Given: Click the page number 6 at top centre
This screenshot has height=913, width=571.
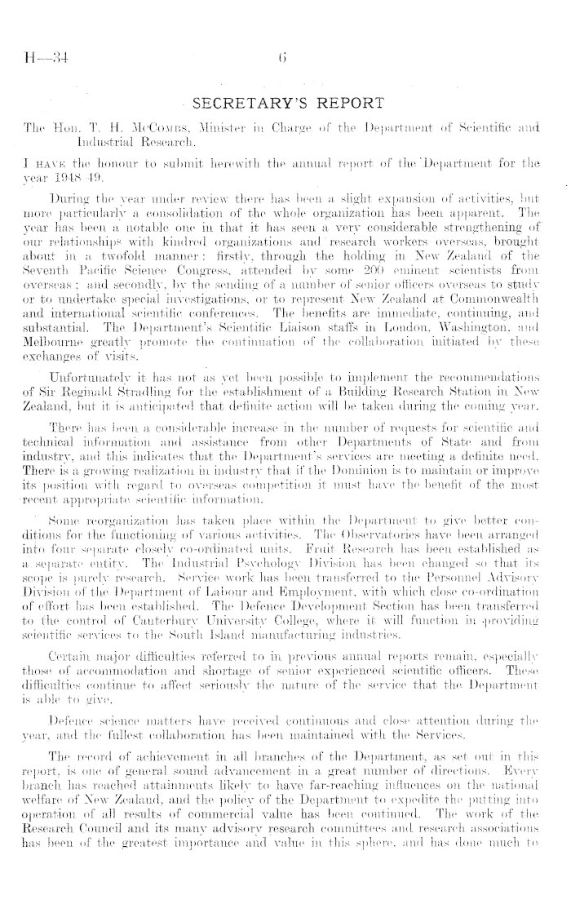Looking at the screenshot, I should coord(284,56).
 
